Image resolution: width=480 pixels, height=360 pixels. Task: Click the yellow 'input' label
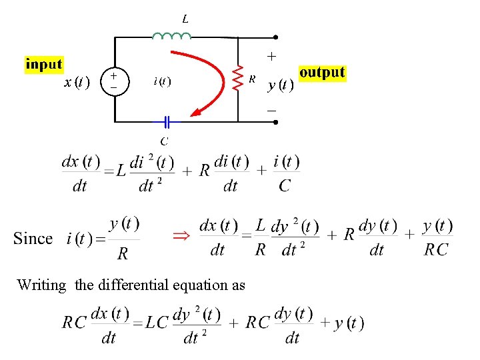tap(44, 65)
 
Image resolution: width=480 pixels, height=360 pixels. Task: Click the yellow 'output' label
tap(322, 72)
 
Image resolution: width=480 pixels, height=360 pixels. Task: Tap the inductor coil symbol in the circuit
tap(171, 35)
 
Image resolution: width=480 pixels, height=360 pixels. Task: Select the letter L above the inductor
tap(185, 19)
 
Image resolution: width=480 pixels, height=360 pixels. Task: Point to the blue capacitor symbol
tap(167, 122)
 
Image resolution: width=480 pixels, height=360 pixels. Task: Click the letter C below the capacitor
tap(164, 141)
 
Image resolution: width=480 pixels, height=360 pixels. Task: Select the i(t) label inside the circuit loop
tap(162, 81)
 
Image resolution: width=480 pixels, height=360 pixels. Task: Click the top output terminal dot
tap(275, 37)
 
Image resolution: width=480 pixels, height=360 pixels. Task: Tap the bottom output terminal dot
tap(275, 123)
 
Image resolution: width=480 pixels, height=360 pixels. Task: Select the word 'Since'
tap(33, 239)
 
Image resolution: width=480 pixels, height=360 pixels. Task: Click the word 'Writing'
tap(41, 285)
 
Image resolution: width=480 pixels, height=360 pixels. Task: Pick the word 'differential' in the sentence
tap(133, 285)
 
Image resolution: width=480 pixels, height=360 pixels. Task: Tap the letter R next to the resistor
tap(252, 79)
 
